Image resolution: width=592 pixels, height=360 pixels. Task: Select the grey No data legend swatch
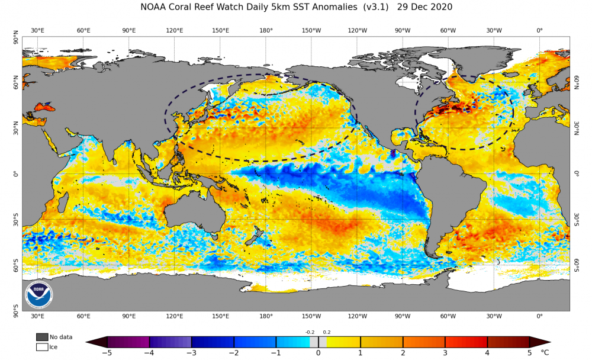[41, 337]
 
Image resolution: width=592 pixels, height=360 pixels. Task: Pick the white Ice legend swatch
[41, 347]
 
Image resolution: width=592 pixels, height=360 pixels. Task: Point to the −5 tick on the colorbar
[107, 353]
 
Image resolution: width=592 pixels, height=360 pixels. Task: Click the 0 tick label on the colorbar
[318, 353]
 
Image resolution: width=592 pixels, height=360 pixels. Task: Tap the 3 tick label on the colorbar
[445, 353]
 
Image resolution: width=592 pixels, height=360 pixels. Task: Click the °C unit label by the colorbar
[545, 353]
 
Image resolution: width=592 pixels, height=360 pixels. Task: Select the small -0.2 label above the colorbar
[310, 332]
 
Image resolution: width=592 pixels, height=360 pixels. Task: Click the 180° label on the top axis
[266, 30]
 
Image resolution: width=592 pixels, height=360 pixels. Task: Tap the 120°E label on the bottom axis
[175, 316]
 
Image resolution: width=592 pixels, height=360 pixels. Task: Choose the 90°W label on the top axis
[403, 30]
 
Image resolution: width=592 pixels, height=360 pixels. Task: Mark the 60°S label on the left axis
[15, 265]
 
